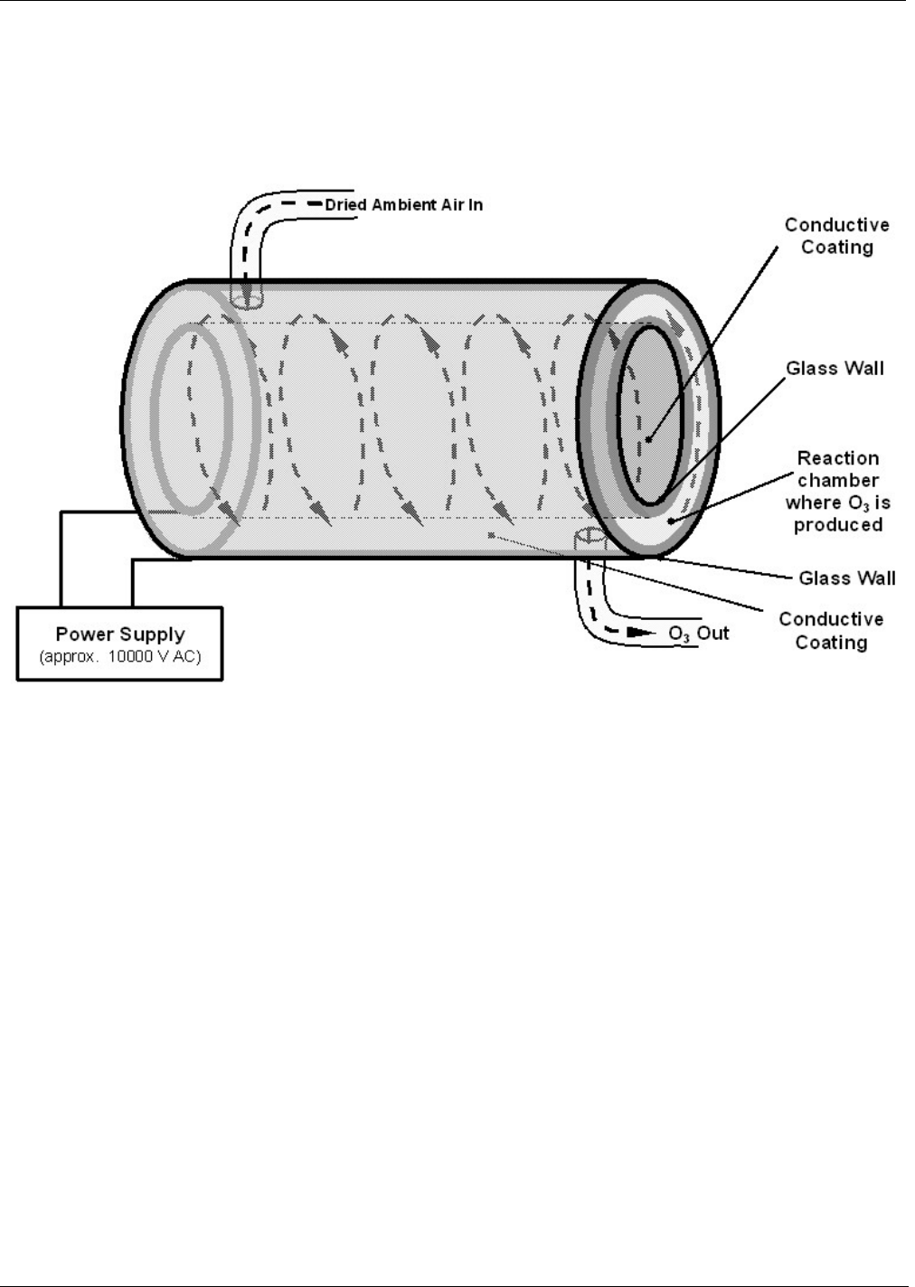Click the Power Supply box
[x=120, y=643]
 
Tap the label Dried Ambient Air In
[x=403, y=205]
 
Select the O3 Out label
[x=698, y=633]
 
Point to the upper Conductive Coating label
[x=836, y=236]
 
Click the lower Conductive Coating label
[x=831, y=631]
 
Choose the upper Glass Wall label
[x=835, y=368]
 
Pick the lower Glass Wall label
[x=846, y=578]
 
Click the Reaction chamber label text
[x=837, y=491]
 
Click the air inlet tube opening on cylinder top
[x=246, y=295]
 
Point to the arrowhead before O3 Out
[x=641, y=633]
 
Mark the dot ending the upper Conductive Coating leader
[x=648, y=440]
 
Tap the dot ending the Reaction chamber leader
[x=670, y=521]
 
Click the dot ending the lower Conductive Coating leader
[x=491, y=536]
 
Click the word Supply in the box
[x=154, y=634]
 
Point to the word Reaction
[x=837, y=458]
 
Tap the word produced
[x=837, y=524]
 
